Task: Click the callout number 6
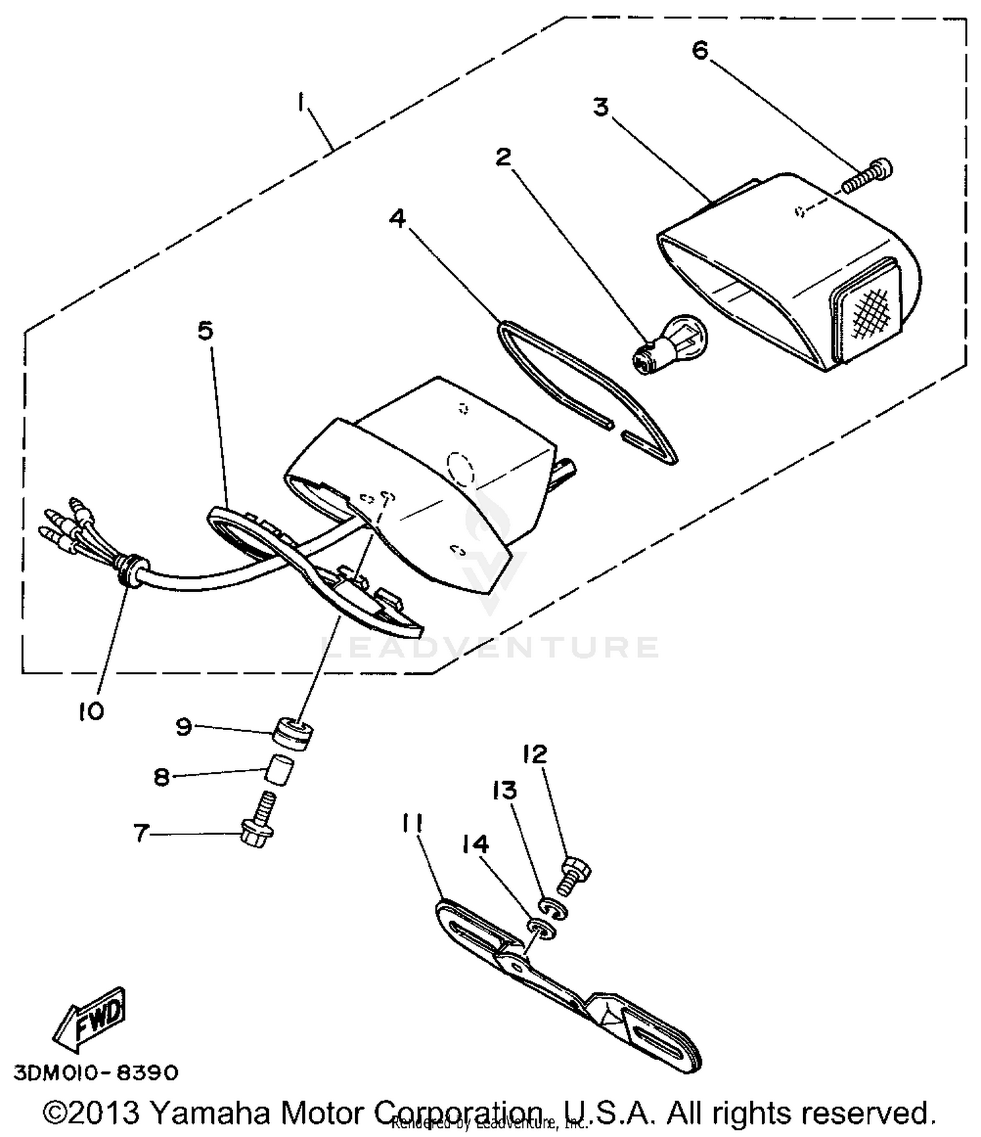[700, 50]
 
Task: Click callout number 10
[92, 711]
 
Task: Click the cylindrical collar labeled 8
[279, 773]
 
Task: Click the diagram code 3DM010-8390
[95, 1074]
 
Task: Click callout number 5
[205, 331]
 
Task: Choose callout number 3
[600, 107]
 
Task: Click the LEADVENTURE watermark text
[490, 648]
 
